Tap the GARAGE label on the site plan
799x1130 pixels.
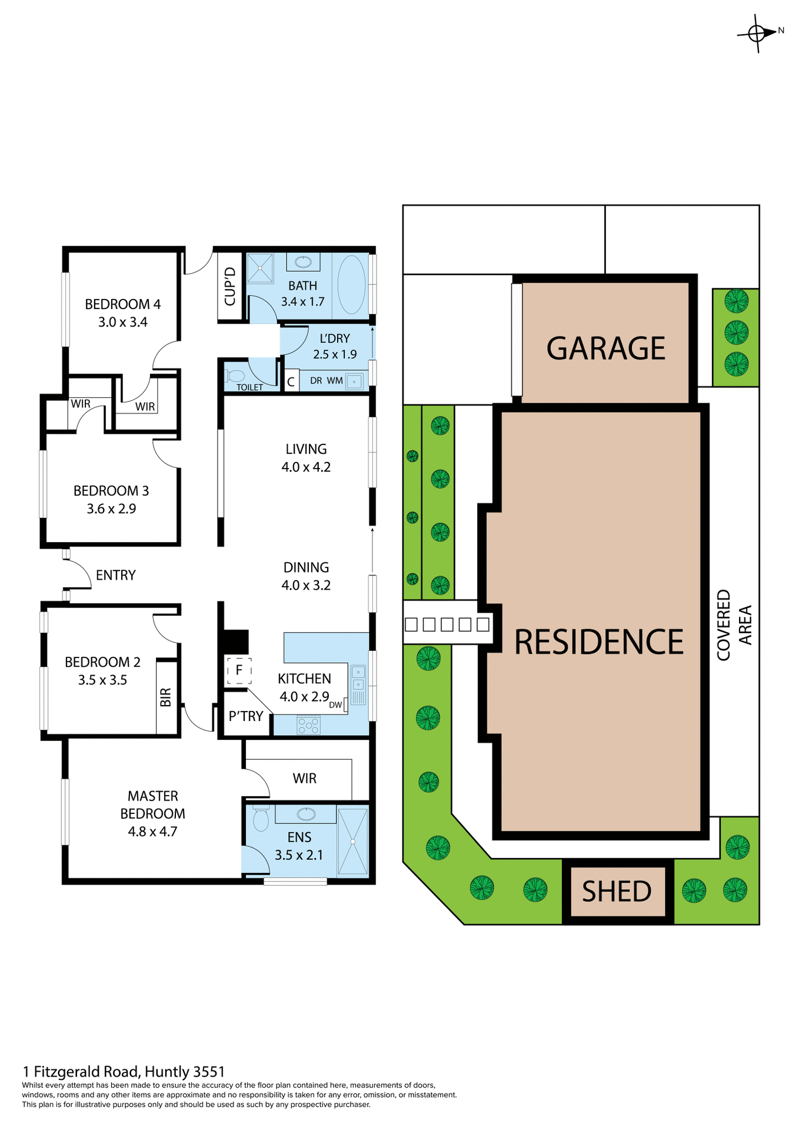[x=605, y=348]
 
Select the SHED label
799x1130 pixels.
[x=617, y=892]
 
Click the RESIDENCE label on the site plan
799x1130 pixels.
[x=598, y=642]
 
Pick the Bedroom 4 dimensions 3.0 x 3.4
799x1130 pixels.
[x=122, y=323]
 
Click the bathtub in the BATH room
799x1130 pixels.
[x=352, y=284]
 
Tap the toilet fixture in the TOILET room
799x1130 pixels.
[x=236, y=375]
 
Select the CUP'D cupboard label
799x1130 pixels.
[x=230, y=287]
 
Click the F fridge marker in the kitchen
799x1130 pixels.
[x=239, y=670]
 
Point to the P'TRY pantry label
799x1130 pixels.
[x=246, y=716]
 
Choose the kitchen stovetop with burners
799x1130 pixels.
[x=309, y=725]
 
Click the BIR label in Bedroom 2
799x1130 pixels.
[x=166, y=697]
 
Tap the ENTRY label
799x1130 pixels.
[x=116, y=575]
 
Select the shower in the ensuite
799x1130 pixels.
[x=352, y=842]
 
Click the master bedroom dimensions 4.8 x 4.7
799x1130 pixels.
[x=152, y=832]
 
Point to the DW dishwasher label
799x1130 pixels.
[x=335, y=704]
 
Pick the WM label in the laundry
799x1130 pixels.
[x=335, y=381]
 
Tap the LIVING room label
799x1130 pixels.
[x=306, y=449]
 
